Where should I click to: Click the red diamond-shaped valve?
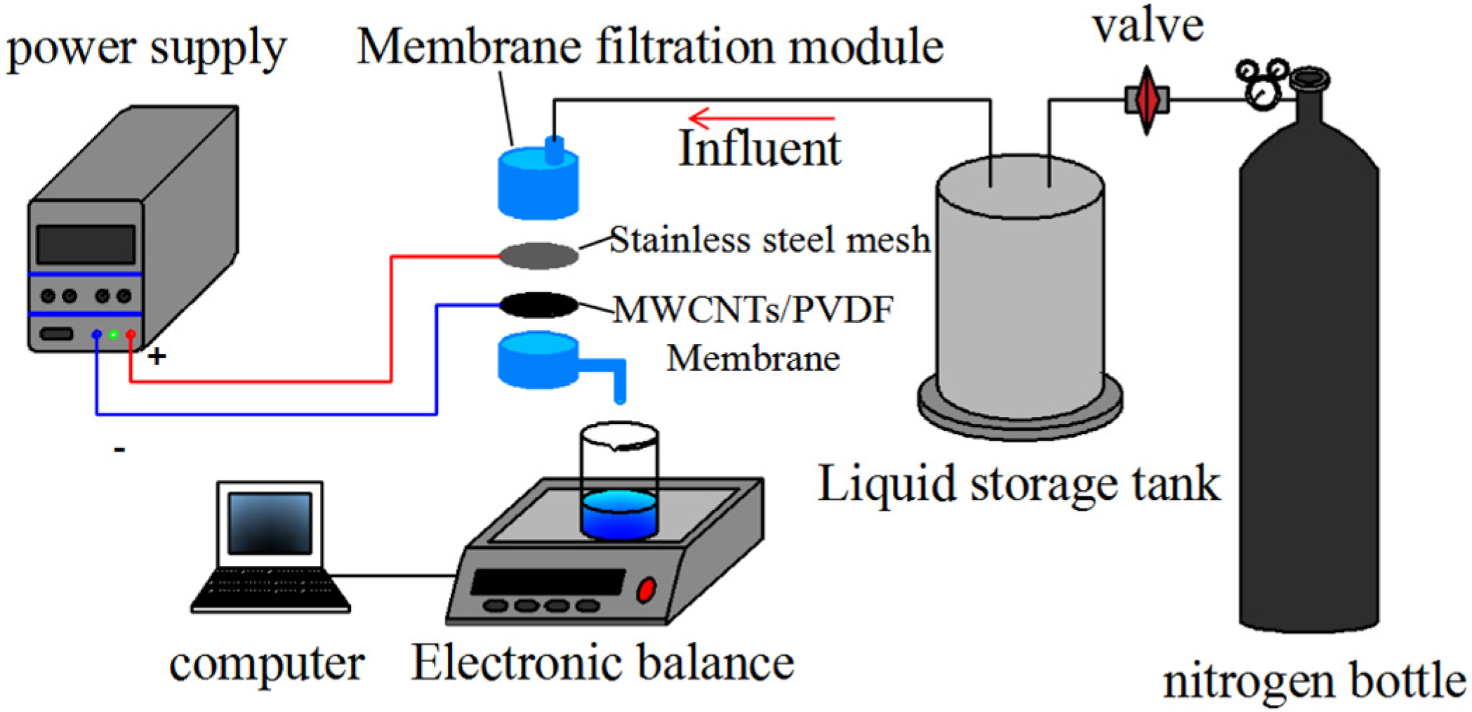point(1146,100)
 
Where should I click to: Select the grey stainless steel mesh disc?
point(538,255)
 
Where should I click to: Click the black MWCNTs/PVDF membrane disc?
point(538,305)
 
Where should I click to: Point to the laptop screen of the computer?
point(270,523)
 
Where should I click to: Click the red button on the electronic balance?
point(645,590)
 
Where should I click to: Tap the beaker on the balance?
point(618,484)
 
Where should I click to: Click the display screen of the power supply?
point(86,244)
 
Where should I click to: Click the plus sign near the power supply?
point(157,357)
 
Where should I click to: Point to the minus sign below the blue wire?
point(120,449)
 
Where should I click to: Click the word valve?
point(1148,27)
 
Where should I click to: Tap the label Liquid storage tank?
point(1019,484)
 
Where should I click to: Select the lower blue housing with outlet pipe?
point(538,360)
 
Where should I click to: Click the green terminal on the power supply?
point(113,334)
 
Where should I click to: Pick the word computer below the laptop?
point(267,664)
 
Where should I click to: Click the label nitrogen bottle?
point(1313,681)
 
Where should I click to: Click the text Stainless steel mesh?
point(769,241)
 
